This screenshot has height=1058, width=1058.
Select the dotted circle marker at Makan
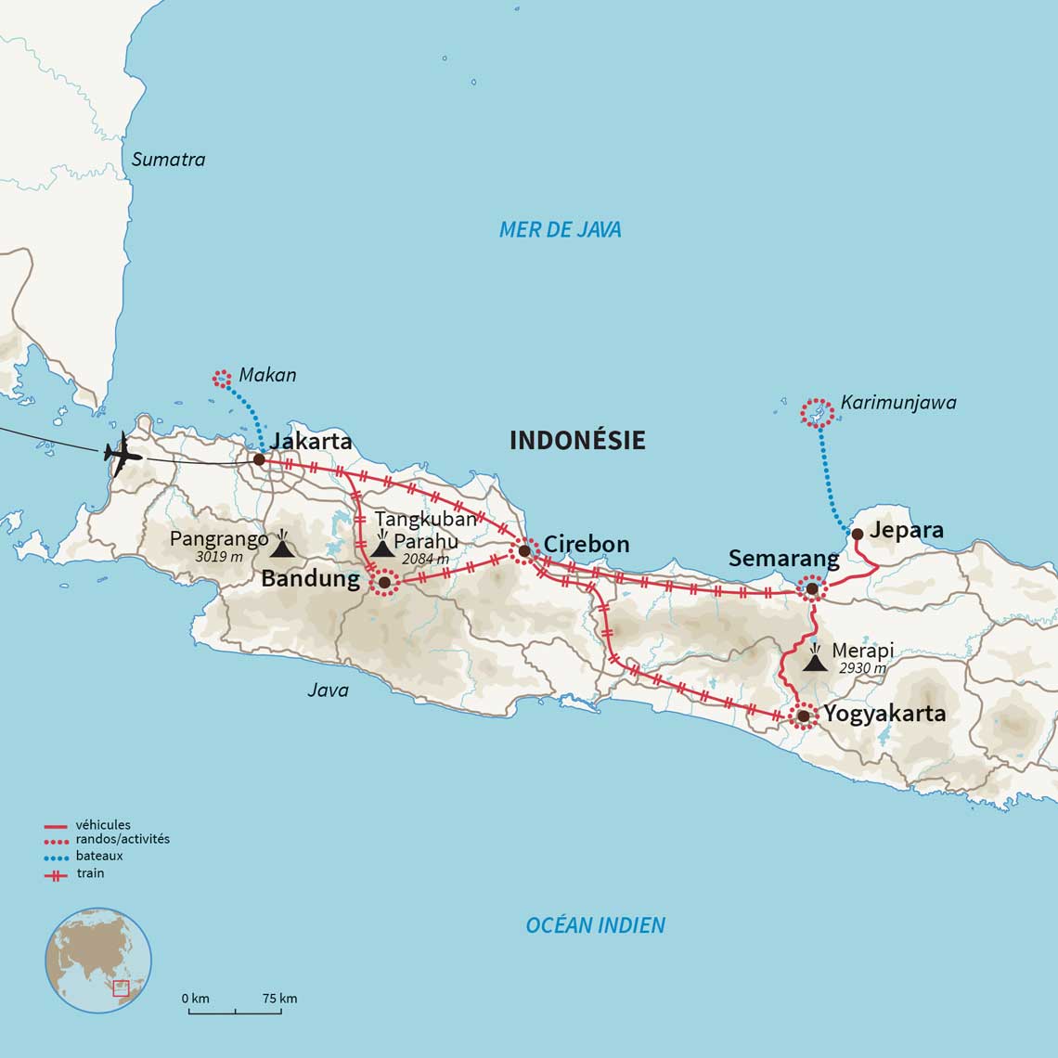tap(221, 378)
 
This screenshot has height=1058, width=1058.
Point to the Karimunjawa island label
tap(897, 402)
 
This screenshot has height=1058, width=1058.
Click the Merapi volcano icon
tap(814, 660)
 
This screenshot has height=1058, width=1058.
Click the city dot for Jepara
tap(858, 534)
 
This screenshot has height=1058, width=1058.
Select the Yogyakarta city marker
tap(803, 716)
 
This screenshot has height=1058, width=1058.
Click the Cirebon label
tap(586, 544)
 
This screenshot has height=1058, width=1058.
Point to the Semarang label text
tap(783, 558)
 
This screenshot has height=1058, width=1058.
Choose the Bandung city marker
tap(384, 583)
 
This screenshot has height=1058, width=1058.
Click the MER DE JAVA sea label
tap(560, 229)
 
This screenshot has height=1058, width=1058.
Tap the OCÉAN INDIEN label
tap(595, 924)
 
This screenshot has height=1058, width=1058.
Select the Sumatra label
tap(168, 159)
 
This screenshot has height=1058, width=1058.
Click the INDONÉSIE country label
tap(576, 440)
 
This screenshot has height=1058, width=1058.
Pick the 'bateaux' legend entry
tap(98, 856)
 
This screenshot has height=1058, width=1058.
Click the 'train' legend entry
tap(90, 873)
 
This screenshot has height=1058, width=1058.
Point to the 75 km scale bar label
tap(279, 999)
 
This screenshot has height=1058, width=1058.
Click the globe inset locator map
tap(98, 960)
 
